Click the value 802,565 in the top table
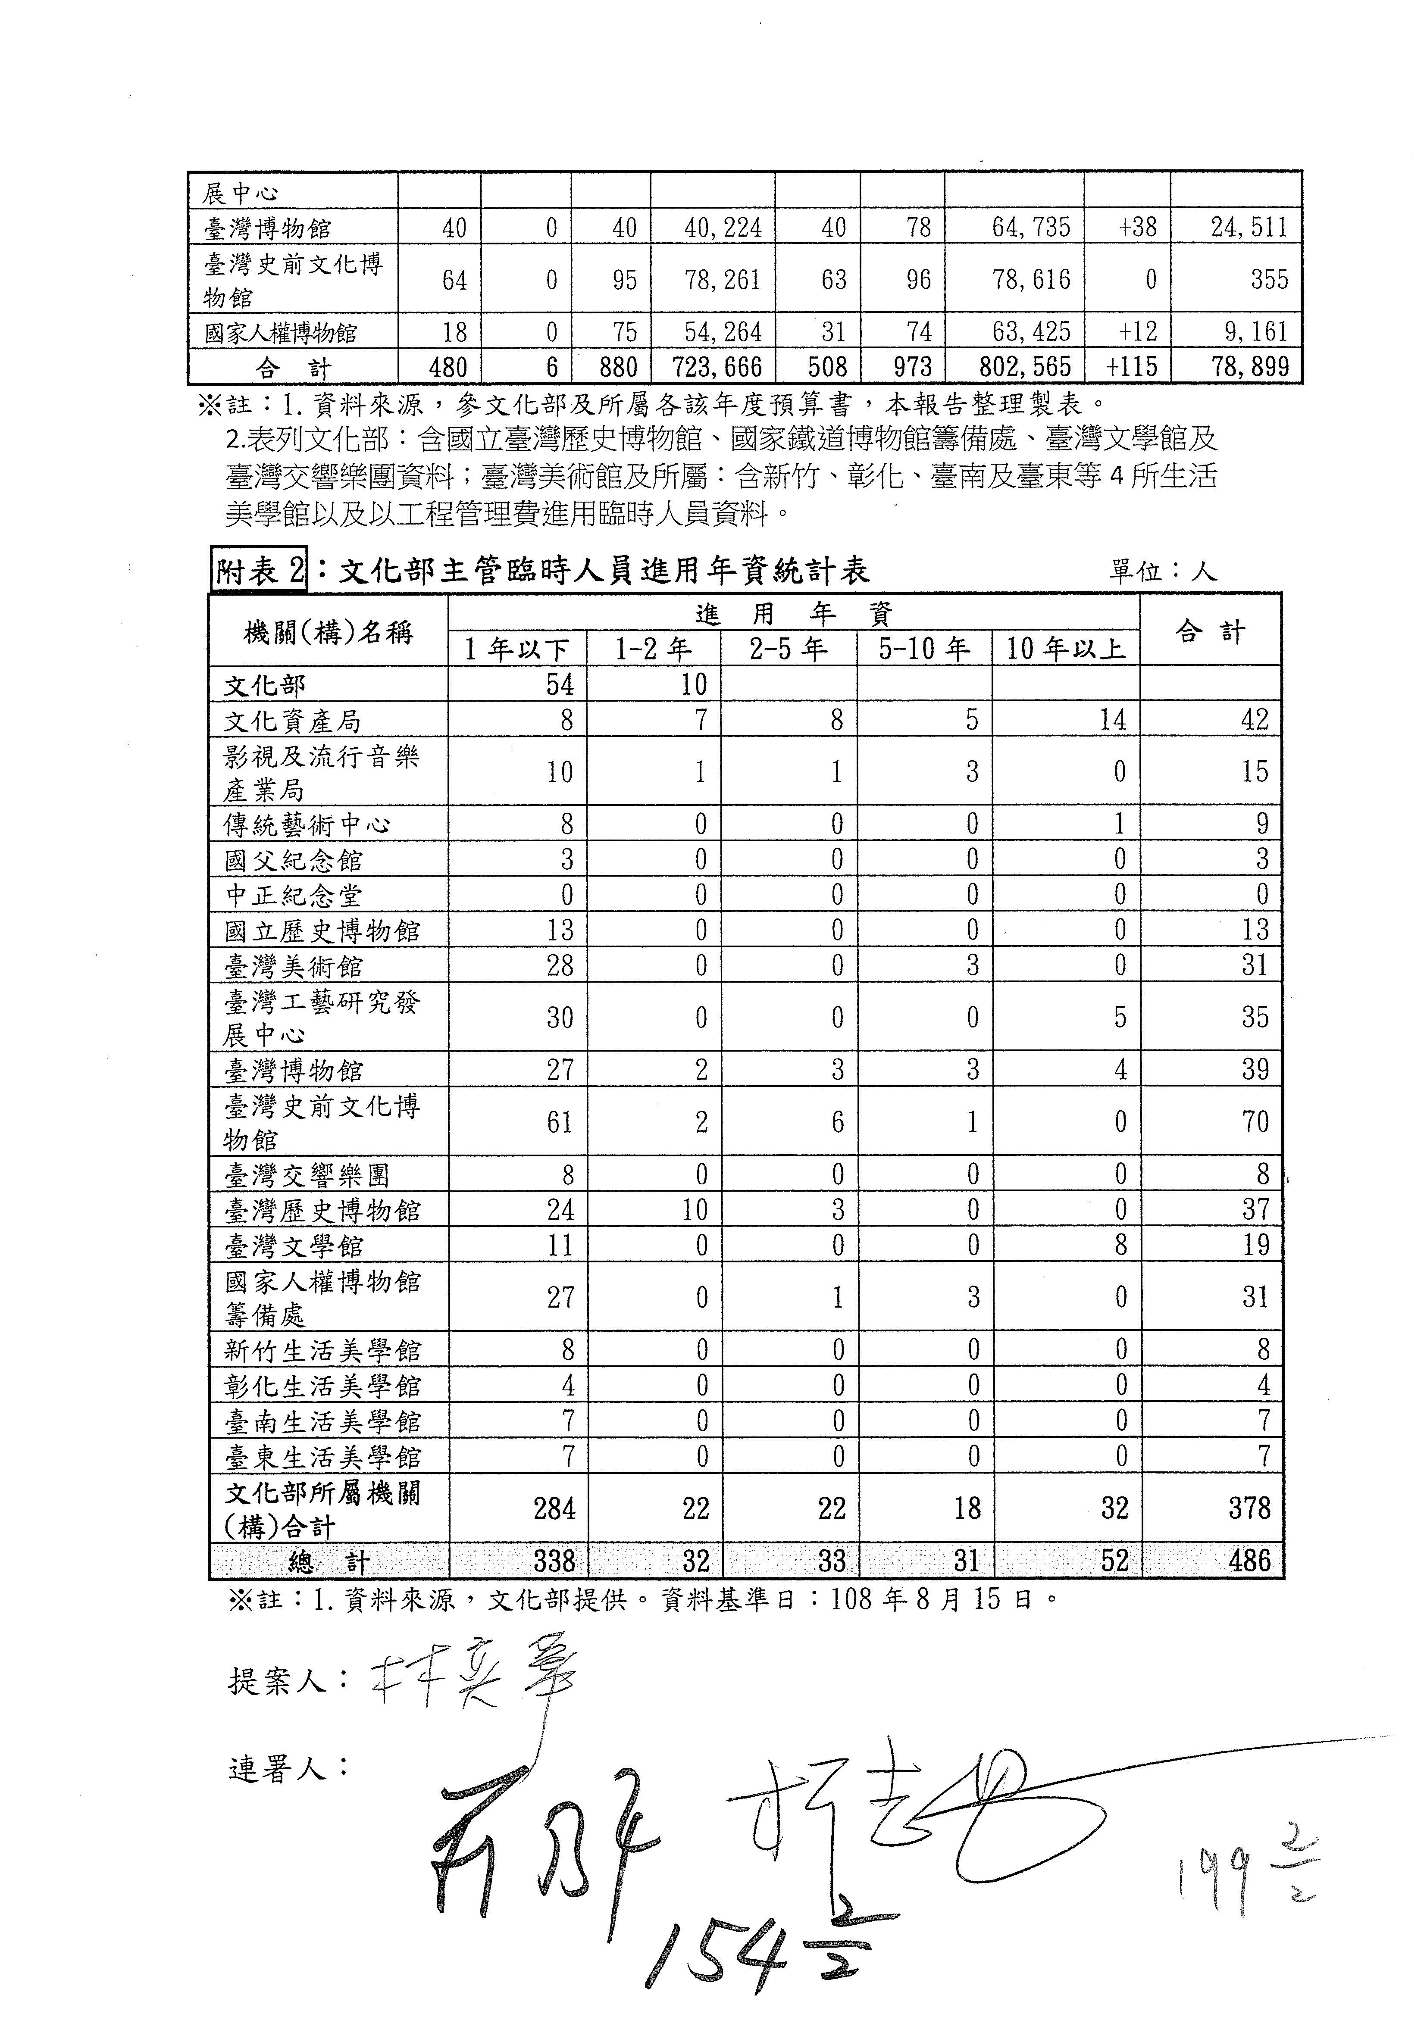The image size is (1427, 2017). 1026,366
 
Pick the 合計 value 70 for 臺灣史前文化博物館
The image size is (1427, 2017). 1255,1122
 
